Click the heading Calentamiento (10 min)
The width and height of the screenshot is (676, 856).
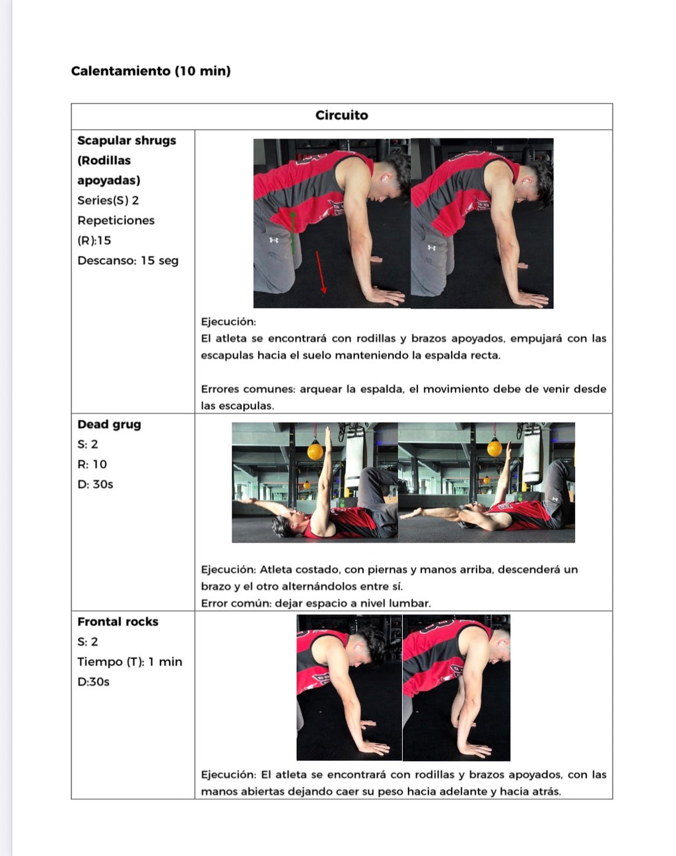click(x=151, y=71)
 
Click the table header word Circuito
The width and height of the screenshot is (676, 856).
click(x=341, y=115)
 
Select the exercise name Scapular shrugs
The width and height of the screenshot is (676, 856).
click(x=127, y=140)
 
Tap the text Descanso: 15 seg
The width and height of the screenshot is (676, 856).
click(x=127, y=260)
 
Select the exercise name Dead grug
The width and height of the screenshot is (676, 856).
click(x=109, y=425)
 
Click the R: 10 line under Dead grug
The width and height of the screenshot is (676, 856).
click(x=92, y=464)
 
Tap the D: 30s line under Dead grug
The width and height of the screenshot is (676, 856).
click(x=95, y=484)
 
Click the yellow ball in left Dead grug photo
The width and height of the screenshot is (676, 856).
click(x=316, y=452)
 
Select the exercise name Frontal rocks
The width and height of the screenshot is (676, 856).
click(x=118, y=622)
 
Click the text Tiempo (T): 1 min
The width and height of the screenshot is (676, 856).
click(x=129, y=661)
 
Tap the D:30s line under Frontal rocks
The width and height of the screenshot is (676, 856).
click(x=93, y=682)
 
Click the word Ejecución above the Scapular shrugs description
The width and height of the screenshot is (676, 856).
click(x=228, y=322)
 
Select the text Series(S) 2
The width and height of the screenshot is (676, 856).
click(x=108, y=200)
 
